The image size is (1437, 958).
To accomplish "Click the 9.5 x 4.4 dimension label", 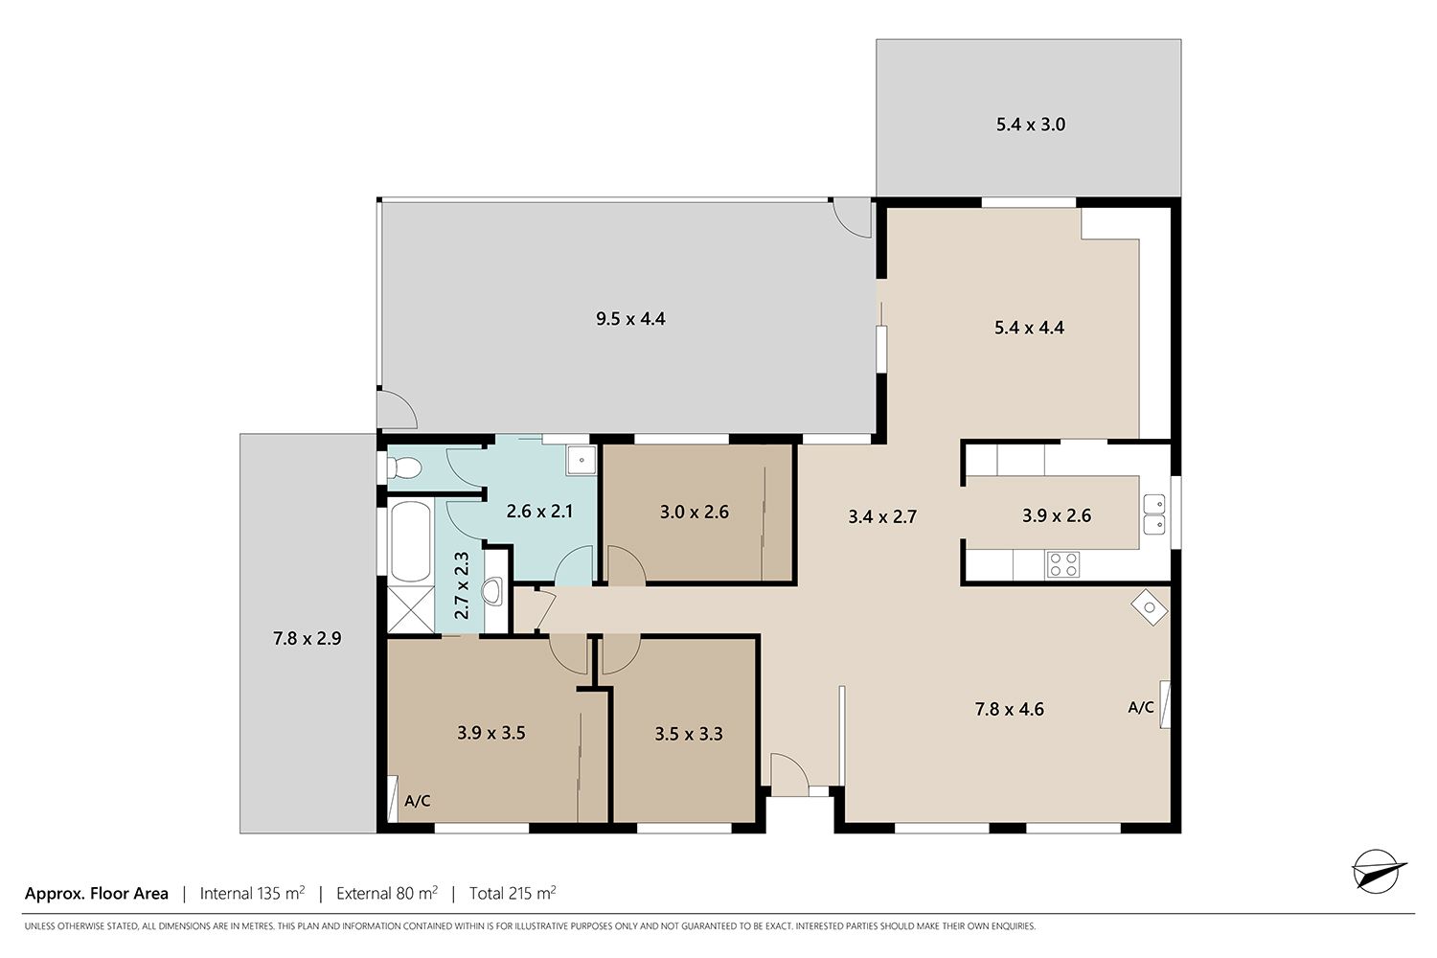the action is click(x=630, y=319).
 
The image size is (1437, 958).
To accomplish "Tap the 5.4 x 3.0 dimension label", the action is click(x=1030, y=125).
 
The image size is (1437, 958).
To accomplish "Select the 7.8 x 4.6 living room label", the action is click(x=1009, y=709).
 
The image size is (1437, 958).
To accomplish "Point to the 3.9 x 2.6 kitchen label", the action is click(x=1057, y=515).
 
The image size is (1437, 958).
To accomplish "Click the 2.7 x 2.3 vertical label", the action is click(x=461, y=585).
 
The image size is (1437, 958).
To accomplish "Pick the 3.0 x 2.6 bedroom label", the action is click(x=695, y=512).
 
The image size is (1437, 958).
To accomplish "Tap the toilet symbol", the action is click(x=403, y=468).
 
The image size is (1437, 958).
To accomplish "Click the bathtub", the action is click(x=411, y=542).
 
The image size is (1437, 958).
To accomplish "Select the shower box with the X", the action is click(x=411, y=609).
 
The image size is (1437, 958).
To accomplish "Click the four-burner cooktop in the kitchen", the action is click(x=1063, y=564).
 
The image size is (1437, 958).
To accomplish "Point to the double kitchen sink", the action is click(x=1154, y=514).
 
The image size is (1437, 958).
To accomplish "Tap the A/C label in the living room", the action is click(x=1141, y=707).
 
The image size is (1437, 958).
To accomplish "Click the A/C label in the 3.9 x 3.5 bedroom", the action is click(x=417, y=801).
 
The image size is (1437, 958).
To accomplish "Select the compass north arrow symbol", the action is click(x=1378, y=872).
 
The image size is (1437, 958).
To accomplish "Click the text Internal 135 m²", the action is click(x=252, y=893).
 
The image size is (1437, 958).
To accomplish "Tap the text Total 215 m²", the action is click(x=513, y=893).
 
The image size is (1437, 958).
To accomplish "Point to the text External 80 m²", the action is click(x=387, y=893).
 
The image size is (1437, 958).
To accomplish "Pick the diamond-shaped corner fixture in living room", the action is click(x=1149, y=607).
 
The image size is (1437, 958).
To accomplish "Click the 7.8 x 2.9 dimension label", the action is click(x=308, y=638).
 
